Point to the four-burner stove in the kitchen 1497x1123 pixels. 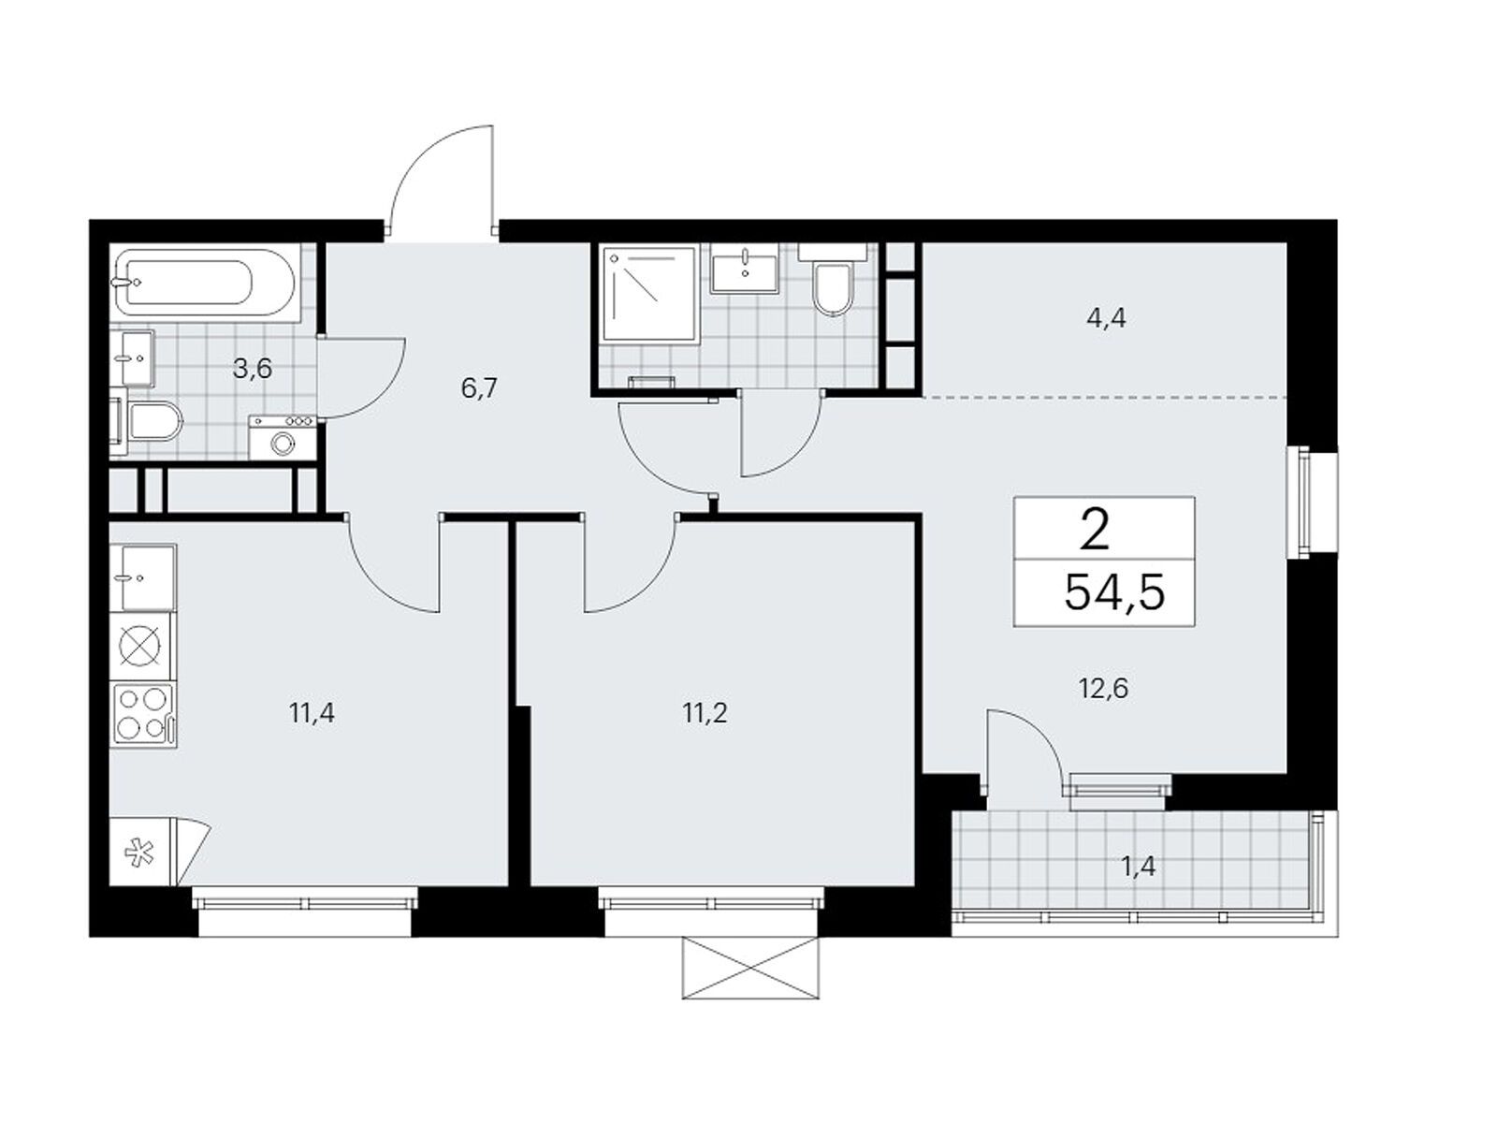(x=143, y=714)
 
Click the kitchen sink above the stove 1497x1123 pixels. (x=143, y=576)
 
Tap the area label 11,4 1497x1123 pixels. (x=312, y=713)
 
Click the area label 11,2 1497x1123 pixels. (x=705, y=713)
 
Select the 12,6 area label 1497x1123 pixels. (x=1103, y=689)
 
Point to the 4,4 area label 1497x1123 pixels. (x=1106, y=318)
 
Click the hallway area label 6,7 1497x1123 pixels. (x=478, y=389)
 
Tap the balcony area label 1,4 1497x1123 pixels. (x=1138, y=867)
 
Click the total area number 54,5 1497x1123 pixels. (x=1114, y=592)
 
